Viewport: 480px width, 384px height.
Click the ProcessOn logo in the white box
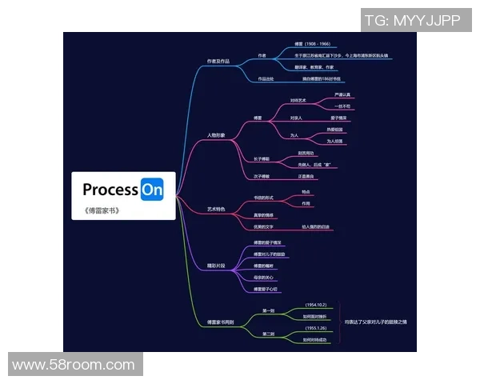pos(123,190)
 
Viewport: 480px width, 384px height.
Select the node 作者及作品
pos(218,61)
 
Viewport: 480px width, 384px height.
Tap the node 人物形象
pos(216,135)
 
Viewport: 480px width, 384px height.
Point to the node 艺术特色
pos(216,209)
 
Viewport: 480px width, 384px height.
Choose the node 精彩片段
pos(216,263)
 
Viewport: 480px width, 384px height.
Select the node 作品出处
pos(265,79)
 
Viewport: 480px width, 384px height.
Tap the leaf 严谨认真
pos(342,95)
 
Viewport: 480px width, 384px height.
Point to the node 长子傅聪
pos(262,158)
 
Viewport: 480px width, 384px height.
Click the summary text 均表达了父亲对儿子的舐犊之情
pos(375,322)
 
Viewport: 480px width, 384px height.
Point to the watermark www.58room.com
pos(74,365)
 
